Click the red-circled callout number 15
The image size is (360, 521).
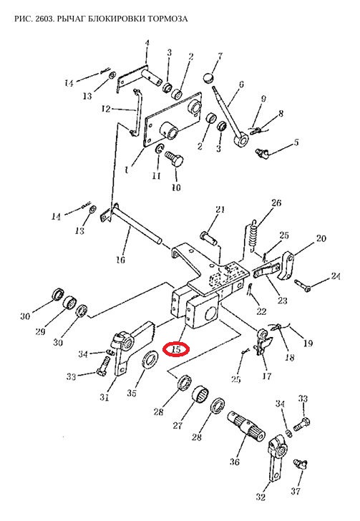click(176, 349)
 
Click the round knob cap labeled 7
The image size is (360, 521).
click(208, 78)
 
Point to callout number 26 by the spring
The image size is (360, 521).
click(276, 203)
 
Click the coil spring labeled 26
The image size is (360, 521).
click(253, 234)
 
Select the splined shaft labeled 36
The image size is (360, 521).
click(246, 427)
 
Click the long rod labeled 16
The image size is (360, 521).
click(137, 223)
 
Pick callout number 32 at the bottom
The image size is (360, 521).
click(261, 497)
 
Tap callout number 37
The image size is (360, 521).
click(296, 491)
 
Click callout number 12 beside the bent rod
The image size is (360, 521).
click(106, 109)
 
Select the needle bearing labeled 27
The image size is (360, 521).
click(200, 395)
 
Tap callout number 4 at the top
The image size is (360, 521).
click(147, 43)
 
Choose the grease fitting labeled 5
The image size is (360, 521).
click(262, 153)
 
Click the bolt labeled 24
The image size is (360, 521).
click(303, 285)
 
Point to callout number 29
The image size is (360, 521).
click(40, 331)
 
